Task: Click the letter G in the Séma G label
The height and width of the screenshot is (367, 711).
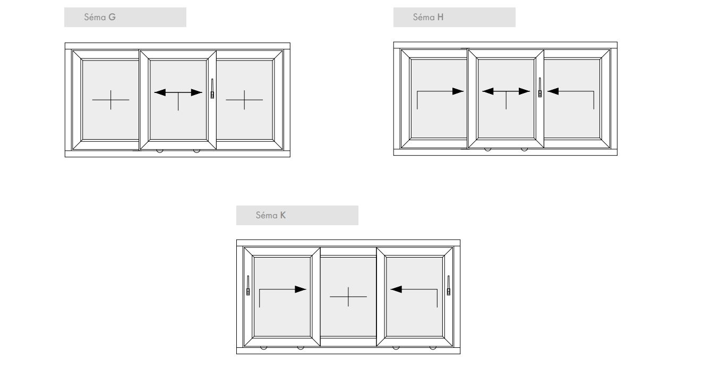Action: pos(112,17)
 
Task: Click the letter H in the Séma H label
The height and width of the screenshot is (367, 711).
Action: pos(440,17)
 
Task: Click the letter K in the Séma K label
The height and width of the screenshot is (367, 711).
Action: pos(283,215)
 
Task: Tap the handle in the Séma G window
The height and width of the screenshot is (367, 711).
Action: pos(212,89)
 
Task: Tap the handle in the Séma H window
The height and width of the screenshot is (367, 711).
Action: pos(540,87)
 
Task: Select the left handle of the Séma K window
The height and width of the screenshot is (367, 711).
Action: pos(248,285)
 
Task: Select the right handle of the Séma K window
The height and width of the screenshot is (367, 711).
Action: pos(449,285)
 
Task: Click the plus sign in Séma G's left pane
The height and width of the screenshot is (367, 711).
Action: pos(111,100)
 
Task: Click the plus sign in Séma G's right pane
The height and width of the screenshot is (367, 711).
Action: pos(244,100)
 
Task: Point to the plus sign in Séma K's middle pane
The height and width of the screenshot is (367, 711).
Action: pos(348,297)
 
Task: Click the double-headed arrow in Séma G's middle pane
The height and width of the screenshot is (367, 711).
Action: pos(178,92)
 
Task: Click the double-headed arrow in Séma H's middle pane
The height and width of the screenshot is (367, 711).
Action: pos(506,91)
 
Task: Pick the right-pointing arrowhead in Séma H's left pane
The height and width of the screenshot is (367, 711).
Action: pos(458,91)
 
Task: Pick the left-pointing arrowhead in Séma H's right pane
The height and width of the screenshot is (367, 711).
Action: pos(553,91)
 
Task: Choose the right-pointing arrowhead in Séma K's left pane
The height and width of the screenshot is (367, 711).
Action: pos(301,289)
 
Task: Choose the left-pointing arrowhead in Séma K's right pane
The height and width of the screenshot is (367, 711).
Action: pos(396,289)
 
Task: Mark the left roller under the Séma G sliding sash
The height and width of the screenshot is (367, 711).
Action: pos(160,151)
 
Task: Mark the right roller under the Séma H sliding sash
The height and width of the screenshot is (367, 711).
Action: pos(525,150)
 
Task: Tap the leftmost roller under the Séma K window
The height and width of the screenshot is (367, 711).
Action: pos(263,348)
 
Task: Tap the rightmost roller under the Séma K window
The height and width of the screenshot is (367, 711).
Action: pos(433,348)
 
